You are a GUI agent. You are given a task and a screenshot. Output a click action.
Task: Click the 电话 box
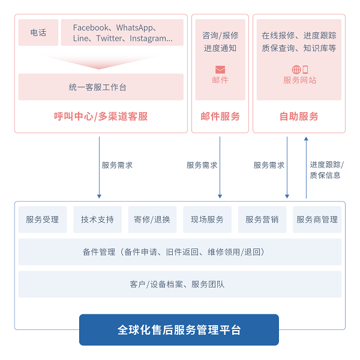point(38,32)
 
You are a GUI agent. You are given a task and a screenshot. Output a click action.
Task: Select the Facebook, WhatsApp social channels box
point(122,32)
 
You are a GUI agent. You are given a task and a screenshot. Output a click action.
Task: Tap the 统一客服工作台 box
point(101,87)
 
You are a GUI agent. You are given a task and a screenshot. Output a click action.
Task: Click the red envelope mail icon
point(220,70)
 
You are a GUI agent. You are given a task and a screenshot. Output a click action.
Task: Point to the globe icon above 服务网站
point(296,70)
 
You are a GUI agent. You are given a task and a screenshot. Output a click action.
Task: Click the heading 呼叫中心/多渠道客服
point(101,116)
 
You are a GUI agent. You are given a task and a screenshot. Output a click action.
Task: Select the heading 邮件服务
point(220,116)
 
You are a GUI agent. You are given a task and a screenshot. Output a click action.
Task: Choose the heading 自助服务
point(299,116)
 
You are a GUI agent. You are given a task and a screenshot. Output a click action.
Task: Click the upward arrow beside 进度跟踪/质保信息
point(306,167)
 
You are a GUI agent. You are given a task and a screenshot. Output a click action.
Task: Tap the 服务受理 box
point(43,220)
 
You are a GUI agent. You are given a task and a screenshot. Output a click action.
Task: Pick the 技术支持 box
point(97,220)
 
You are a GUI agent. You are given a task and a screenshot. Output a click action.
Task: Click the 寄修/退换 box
point(152,220)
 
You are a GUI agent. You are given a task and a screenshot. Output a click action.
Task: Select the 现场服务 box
point(207,220)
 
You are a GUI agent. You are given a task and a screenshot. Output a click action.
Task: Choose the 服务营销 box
point(262,220)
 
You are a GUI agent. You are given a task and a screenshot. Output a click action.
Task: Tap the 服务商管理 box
point(317,220)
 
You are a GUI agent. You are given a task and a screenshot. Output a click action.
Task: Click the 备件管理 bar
point(180,252)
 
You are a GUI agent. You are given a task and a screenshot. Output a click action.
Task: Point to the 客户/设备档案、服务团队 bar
point(180,284)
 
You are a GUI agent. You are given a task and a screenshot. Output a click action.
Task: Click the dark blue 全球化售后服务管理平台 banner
point(179,329)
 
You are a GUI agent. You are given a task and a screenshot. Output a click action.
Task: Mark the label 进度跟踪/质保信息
point(326,170)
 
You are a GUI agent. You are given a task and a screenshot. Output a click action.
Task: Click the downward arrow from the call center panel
point(99,167)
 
